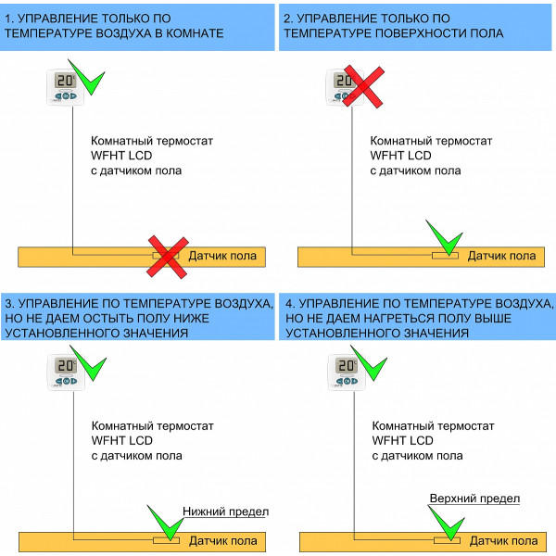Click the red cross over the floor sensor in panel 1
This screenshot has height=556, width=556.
pyautogui.click(x=168, y=257)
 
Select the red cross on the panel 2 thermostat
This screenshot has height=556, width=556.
pyautogui.click(x=364, y=86)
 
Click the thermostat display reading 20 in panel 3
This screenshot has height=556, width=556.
pyautogui.click(x=66, y=366)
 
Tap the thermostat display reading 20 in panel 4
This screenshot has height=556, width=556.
pyautogui.click(x=346, y=366)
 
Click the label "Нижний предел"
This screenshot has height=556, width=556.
pyautogui.click(x=225, y=512)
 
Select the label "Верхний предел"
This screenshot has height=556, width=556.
pyautogui.click(x=474, y=499)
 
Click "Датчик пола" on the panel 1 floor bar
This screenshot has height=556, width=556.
pyautogui.click(x=222, y=256)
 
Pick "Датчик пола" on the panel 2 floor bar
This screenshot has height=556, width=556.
pyautogui.click(x=501, y=256)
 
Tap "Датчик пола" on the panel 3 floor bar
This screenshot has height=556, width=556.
pyautogui.click(x=223, y=541)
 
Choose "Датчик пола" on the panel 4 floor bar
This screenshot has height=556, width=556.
pyautogui.click(x=504, y=541)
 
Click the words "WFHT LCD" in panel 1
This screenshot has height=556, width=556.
pyautogui.click(x=121, y=156)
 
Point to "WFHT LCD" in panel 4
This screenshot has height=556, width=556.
pyautogui.click(x=402, y=440)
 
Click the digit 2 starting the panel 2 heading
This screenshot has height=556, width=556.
pyautogui.click(x=286, y=19)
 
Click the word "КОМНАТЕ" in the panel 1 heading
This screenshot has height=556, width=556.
pyautogui.click(x=195, y=33)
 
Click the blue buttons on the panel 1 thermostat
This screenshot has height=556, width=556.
pyautogui.click(x=66, y=95)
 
